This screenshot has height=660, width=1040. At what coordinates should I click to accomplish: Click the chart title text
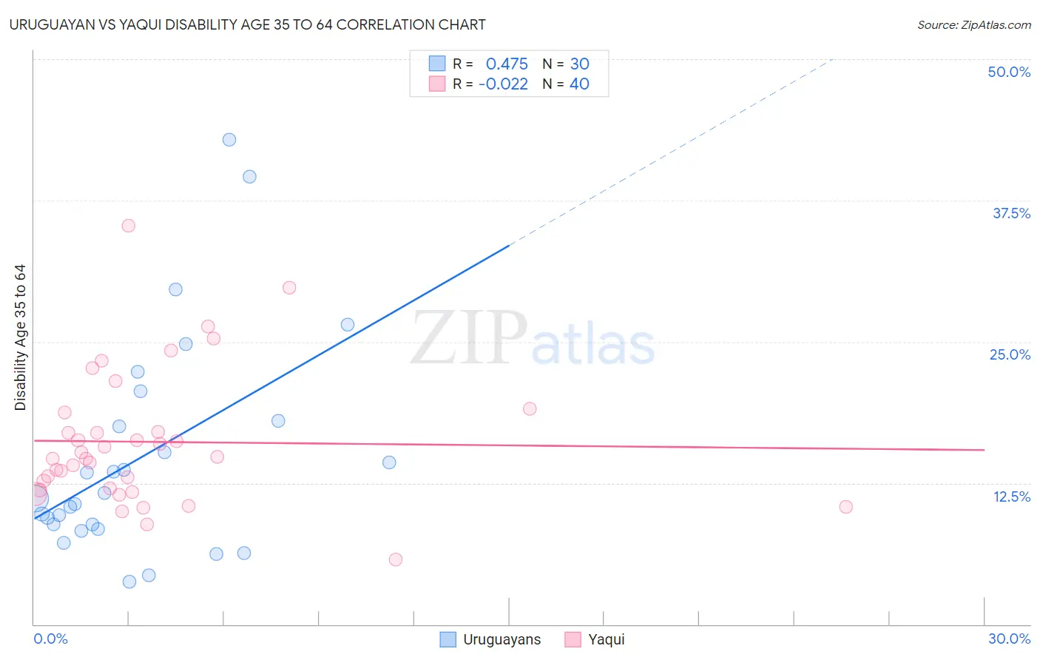[247, 24]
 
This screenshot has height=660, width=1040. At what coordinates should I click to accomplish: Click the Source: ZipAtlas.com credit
[973, 25]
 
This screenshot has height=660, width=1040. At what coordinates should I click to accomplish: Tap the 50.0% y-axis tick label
[1009, 72]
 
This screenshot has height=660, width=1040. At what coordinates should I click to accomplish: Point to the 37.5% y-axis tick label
[1011, 213]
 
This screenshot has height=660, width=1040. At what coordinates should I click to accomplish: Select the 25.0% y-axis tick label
[1010, 354]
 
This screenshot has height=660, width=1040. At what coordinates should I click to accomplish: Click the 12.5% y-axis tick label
[1011, 496]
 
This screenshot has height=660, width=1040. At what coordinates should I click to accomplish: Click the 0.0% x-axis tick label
[50, 639]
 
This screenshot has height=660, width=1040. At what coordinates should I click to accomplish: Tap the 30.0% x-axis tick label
[1009, 639]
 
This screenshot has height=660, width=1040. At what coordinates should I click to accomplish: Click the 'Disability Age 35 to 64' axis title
[20, 337]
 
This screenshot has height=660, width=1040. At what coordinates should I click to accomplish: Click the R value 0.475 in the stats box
[507, 64]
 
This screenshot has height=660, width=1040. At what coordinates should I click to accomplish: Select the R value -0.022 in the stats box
[503, 84]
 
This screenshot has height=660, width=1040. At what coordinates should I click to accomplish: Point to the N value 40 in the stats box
[579, 84]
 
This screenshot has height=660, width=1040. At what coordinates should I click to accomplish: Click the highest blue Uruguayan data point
[229, 140]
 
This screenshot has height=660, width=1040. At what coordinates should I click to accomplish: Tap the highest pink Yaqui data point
[129, 226]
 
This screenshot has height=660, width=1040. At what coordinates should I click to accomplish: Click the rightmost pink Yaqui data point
[846, 507]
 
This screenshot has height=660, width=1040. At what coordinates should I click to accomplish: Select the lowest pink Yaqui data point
[396, 559]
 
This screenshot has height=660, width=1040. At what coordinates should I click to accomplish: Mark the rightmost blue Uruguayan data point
[389, 462]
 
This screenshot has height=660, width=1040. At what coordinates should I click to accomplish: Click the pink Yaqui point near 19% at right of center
[530, 408]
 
